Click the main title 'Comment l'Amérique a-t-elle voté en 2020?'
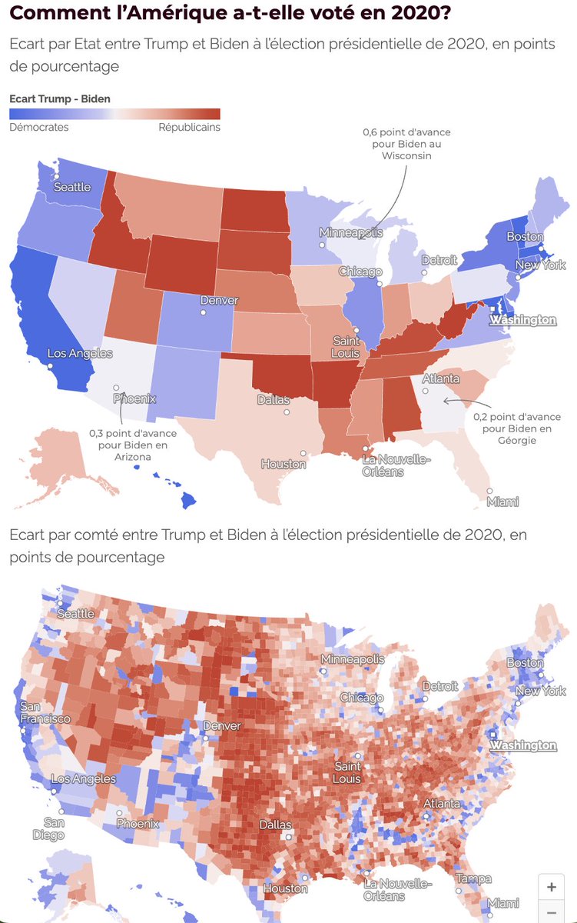pyautogui.click(x=230, y=13)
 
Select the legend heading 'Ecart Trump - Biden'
pyautogui.click(x=59, y=98)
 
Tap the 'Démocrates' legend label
pyautogui.click(x=38, y=127)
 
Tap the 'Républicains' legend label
pyautogui.click(x=189, y=127)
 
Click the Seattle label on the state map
pyautogui.click(x=72, y=187)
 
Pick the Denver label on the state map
pyautogui.click(x=219, y=300)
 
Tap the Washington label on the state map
pyautogui.click(x=523, y=319)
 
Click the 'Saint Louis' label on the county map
pyautogui.click(x=347, y=773)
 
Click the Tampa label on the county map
pyautogui.click(x=474, y=878)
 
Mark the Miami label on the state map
pyautogui.click(x=502, y=501)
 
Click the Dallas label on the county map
pyautogui.click(x=275, y=825)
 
